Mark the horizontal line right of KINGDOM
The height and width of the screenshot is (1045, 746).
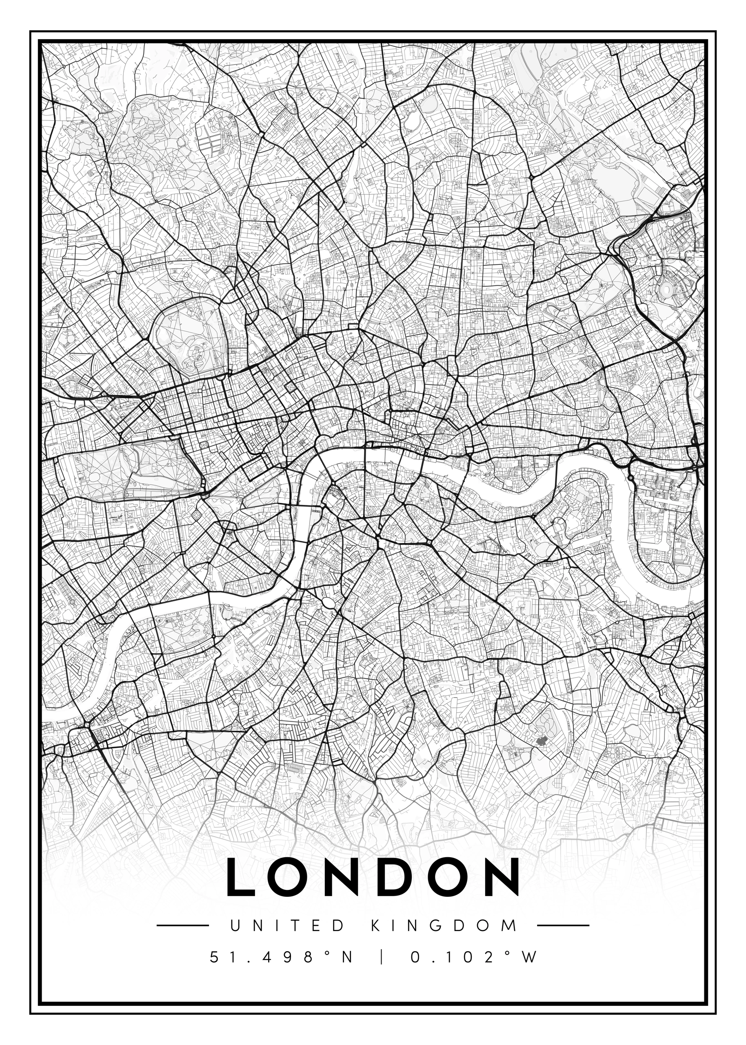coord(563,925)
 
